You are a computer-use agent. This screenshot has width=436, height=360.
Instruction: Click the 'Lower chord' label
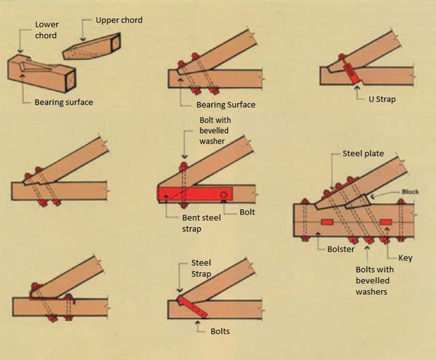click(x=46, y=30)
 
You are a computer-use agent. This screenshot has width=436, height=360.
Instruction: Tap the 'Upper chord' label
click(x=119, y=20)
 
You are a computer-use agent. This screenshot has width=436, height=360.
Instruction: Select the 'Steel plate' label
click(x=363, y=153)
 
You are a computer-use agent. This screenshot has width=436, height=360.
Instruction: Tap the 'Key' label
click(x=405, y=258)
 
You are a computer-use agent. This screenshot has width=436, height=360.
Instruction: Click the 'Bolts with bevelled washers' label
click(x=375, y=280)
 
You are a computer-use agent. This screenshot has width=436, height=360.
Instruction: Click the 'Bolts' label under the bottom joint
click(x=220, y=331)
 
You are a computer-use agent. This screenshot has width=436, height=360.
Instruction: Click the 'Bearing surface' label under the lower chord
click(x=64, y=102)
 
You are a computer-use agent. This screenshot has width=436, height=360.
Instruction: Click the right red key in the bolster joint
click(x=385, y=221)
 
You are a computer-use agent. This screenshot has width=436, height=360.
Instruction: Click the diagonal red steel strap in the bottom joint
click(x=193, y=306)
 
